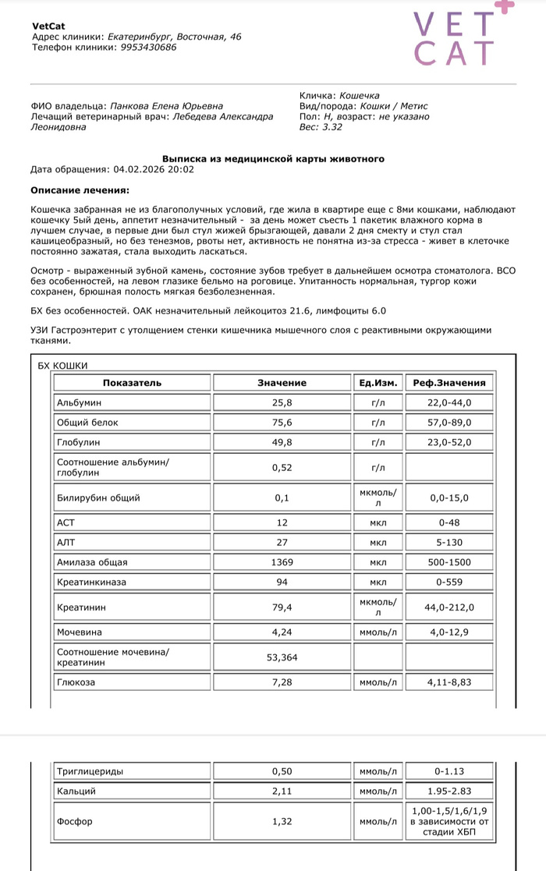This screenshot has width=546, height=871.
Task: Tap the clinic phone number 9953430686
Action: click(148, 47)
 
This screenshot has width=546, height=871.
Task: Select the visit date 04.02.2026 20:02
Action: click(154, 168)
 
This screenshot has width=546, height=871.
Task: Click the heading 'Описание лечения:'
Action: click(80, 189)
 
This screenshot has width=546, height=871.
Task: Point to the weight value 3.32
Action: click(332, 126)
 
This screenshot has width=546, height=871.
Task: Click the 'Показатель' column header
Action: click(132, 383)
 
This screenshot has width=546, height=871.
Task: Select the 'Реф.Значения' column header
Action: click(448, 383)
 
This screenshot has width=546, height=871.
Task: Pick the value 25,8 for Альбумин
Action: click(282, 402)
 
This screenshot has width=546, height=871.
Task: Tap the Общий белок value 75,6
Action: click(282, 423)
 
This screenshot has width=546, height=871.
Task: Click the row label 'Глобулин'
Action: click(76, 443)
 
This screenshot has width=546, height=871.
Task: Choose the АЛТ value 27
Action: click(282, 542)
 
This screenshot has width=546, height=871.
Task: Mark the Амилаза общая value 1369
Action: click(282, 562)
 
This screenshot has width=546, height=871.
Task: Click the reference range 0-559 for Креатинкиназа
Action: click(448, 582)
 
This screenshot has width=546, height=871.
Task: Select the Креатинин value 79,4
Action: click(282, 607)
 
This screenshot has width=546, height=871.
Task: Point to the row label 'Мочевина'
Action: click(80, 632)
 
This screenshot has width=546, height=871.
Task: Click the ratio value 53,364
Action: click(282, 657)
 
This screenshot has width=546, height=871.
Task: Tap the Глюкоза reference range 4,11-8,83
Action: click(448, 682)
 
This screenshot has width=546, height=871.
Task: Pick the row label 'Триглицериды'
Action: click(90, 771)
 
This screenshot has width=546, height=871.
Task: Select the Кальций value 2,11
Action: click(282, 791)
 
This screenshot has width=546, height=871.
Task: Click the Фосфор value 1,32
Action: click(282, 821)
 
